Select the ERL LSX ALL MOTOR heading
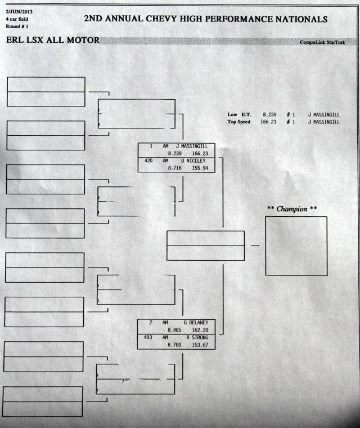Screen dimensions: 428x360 click(x=52, y=41)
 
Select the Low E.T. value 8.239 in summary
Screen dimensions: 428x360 click(x=270, y=115)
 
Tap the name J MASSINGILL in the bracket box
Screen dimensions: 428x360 click(x=192, y=146)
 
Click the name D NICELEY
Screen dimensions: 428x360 click(x=193, y=160)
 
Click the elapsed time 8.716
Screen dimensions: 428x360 click(x=174, y=168)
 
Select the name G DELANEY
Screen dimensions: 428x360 click(x=195, y=323)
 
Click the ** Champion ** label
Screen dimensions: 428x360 click(x=291, y=209)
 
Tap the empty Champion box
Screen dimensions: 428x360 click(x=296, y=246)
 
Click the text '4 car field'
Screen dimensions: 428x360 click(x=17, y=19)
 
